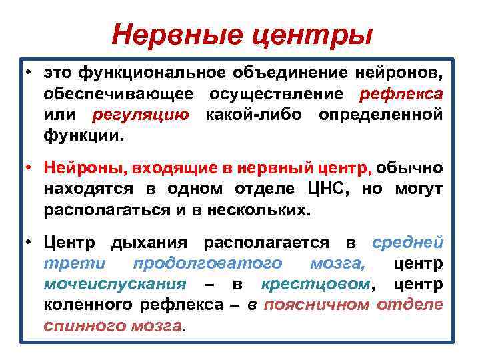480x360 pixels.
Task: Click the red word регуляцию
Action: point(140,115)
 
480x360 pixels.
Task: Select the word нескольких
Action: point(268,211)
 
